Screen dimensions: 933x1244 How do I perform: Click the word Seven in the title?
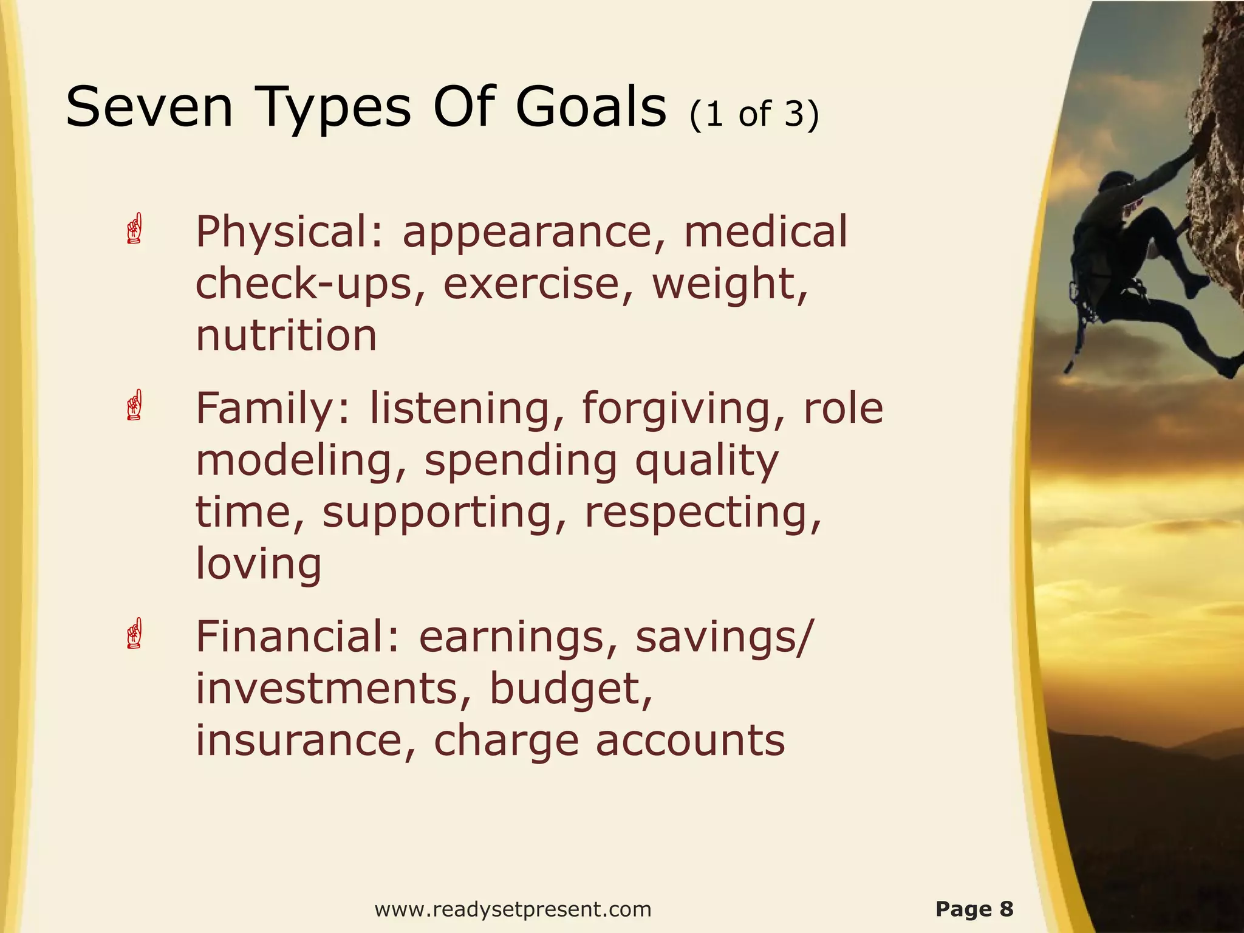click(x=149, y=108)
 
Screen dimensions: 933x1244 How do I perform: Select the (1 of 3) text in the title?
click(x=754, y=114)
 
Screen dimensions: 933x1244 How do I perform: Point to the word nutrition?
click(x=286, y=336)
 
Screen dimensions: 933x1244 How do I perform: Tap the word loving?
click(x=258, y=564)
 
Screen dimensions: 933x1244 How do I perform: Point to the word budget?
click(x=571, y=689)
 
